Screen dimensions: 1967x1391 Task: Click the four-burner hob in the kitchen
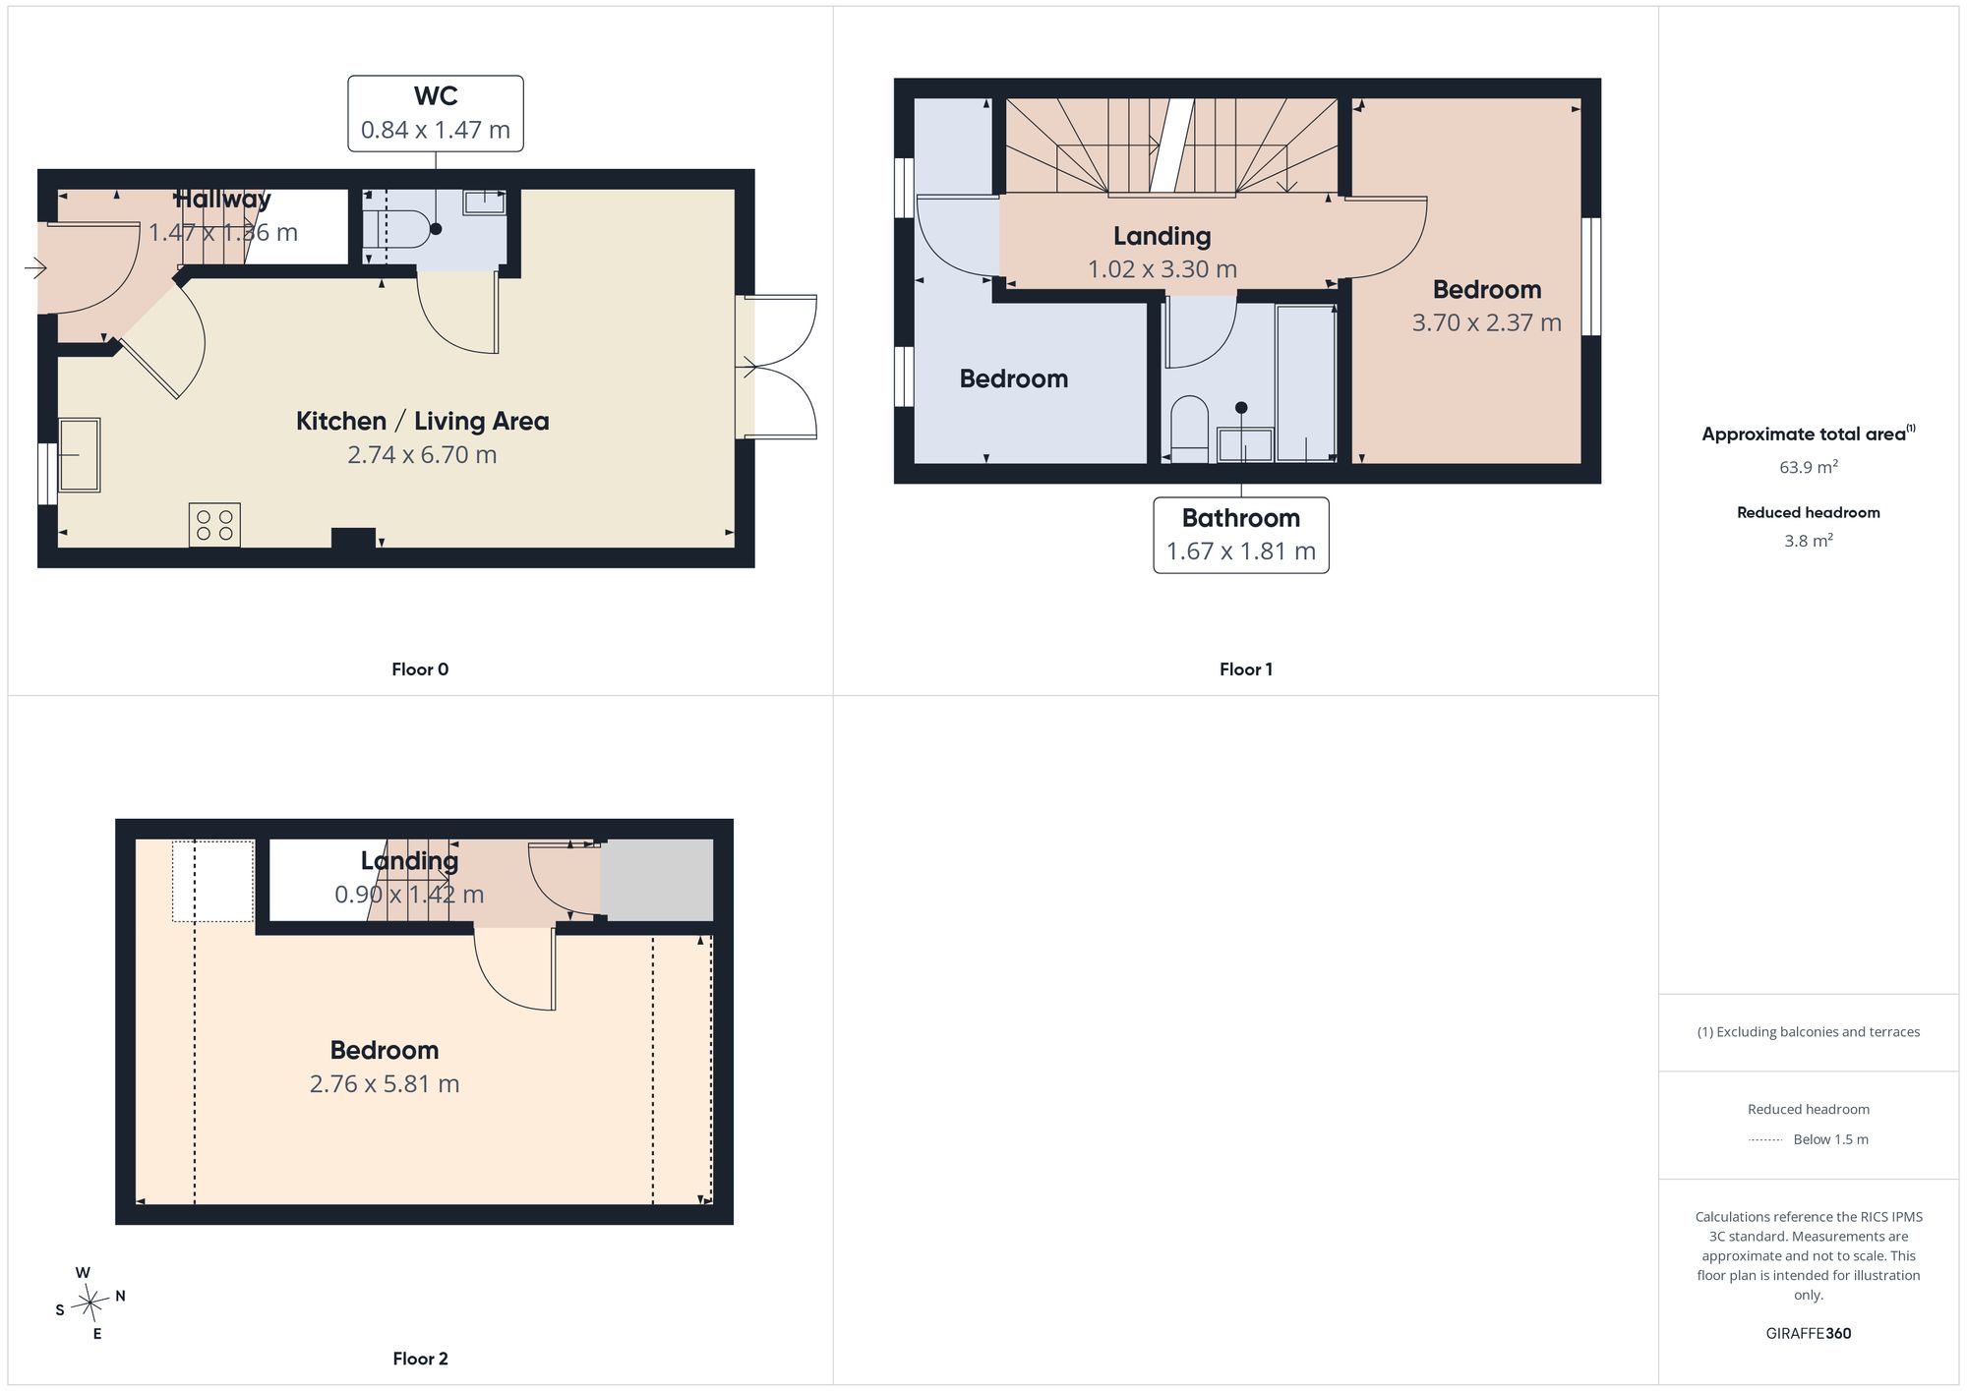point(214,525)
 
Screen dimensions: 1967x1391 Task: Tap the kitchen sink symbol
point(79,455)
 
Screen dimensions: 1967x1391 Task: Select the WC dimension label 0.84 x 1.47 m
point(436,130)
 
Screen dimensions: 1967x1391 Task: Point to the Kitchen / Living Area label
point(423,421)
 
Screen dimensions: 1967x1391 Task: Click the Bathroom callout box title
point(1241,518)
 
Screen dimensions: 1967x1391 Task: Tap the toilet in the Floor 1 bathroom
point(1190,429)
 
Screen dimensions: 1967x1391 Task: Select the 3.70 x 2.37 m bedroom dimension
point(1487,322)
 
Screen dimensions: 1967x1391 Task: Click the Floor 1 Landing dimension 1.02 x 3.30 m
point(1162,269)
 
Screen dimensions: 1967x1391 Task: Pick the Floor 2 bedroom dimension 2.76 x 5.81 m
point(385,1084)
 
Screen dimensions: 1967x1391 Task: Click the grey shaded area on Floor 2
point(657,880)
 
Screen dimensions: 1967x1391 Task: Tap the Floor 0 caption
point(420,669)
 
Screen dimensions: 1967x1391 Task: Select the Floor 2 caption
point(420,1359)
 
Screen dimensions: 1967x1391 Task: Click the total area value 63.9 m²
point(1809,467)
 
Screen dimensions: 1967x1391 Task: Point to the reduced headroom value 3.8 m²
point(1809,541)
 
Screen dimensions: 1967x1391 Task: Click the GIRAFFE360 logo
point(1809,1334)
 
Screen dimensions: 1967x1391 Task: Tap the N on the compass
point(120,1297)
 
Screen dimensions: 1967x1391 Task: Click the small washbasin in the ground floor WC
point(484,203)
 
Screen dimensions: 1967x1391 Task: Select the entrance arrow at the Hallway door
point(35,267)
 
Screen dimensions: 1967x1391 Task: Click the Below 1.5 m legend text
point(1831,1139)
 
